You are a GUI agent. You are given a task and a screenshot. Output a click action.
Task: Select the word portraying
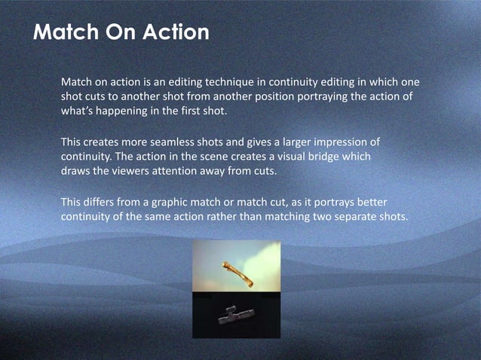point(319,97)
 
